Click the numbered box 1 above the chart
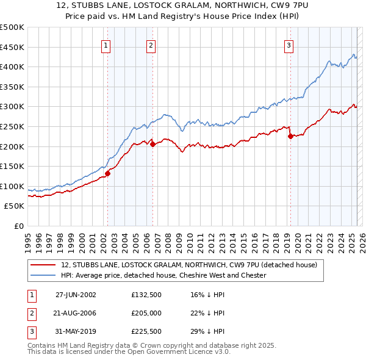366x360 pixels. click(106, 45)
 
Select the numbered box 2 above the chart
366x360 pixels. click(151, 45)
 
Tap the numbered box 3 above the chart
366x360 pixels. click(289, 45)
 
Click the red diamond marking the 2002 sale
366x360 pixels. click(107, 173)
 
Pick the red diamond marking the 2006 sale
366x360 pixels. click(152, 144)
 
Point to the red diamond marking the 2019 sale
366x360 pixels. click(290, 136)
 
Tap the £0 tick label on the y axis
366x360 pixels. click(19, 226)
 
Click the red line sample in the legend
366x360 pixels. click(43, 265)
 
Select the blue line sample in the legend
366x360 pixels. click(43, 275)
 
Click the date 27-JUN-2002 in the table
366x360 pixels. click(76, 295)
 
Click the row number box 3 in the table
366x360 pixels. click(30, 331)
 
